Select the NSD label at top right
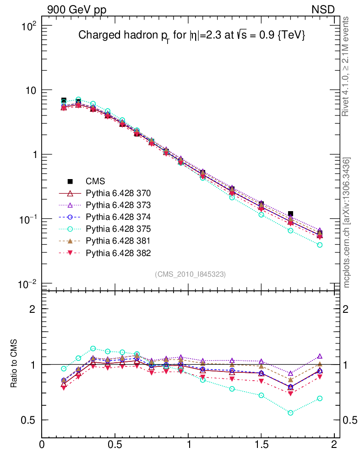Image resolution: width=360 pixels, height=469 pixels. tap(323, 9)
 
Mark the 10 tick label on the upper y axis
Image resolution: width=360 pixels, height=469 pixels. tap(31, 90)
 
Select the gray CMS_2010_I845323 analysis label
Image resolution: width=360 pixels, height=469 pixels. tap(190, 274)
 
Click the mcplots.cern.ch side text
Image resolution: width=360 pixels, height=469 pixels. tap(347, 223)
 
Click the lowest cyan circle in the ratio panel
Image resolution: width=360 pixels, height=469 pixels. tap(290, 413)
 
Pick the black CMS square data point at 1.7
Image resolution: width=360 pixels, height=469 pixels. tap(290, 214)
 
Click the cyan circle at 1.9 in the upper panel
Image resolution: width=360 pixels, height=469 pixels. tap(320, 245)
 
